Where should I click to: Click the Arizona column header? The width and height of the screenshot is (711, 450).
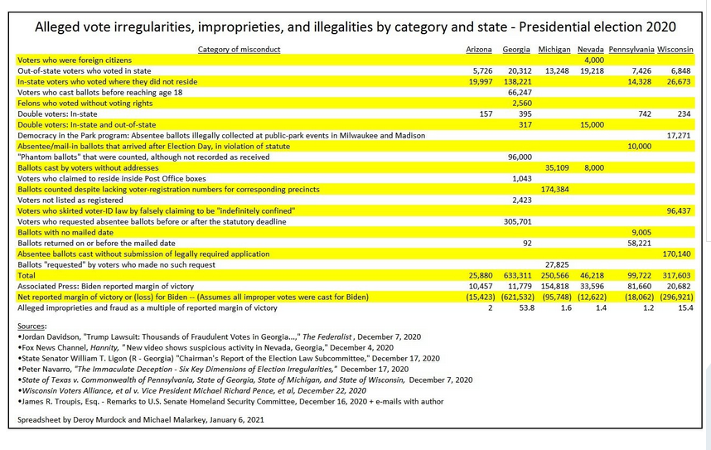[479, 50]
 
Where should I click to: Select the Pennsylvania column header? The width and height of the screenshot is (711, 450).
[631, 50]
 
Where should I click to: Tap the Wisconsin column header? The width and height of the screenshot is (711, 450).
[675, 50]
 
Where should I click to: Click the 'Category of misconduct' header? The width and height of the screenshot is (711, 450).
[239, 50]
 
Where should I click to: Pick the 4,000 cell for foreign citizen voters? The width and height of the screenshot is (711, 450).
[594, 60]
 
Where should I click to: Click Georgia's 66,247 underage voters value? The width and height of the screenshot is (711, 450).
[520, 93]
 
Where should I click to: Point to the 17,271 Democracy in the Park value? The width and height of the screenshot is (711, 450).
[679, 136]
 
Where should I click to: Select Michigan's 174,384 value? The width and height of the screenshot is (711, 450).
[555, 190]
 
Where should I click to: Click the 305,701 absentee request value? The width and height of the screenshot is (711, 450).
[518, 222]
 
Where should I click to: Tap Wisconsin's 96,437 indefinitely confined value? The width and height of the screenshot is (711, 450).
[679, 211]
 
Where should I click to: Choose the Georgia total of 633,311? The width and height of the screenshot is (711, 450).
[518, 276]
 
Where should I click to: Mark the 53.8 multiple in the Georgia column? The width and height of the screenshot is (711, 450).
[525, 308]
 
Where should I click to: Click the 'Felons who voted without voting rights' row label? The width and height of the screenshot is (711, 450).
[85, 104]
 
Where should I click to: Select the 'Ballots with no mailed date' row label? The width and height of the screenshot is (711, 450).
[65, 233]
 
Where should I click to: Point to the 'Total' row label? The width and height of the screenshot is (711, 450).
[27, 276]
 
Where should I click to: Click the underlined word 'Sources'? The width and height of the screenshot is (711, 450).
[31, 327]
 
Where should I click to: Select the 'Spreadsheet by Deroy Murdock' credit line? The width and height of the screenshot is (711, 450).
[141, 420]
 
